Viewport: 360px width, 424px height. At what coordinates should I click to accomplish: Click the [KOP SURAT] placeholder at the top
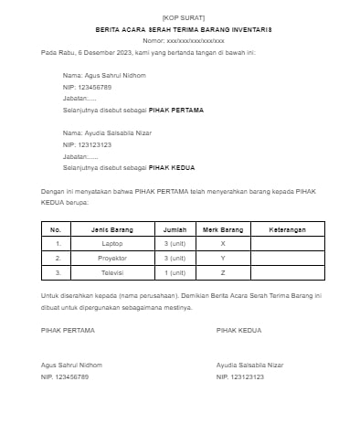pos(179,18)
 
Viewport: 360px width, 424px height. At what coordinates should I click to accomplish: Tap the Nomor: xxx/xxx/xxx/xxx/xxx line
pos(179,41)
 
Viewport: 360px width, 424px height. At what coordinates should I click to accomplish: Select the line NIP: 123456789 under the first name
pos(87,87)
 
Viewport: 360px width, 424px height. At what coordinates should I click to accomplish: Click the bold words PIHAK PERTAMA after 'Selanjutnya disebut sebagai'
pos(175,110)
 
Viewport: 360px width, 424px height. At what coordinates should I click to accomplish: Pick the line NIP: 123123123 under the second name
pos(87,144)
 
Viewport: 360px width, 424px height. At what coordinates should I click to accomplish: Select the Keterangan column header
pos(287,229)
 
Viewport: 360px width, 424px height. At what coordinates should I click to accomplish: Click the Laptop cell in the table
pos(112,244)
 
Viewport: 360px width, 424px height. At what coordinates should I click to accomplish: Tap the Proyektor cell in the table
pos(112,258)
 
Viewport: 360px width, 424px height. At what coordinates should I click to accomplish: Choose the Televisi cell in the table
pos(112,272)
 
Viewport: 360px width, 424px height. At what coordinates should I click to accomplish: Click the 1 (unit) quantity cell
pos(173,272)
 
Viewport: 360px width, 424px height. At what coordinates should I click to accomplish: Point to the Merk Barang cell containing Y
pos(223,258)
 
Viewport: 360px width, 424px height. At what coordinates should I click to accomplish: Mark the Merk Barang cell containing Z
pos(223,272)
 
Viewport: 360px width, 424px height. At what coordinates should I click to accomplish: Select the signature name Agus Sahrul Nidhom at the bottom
pos(72,365)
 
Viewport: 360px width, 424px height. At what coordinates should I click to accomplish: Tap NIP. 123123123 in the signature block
pos(240,376)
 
